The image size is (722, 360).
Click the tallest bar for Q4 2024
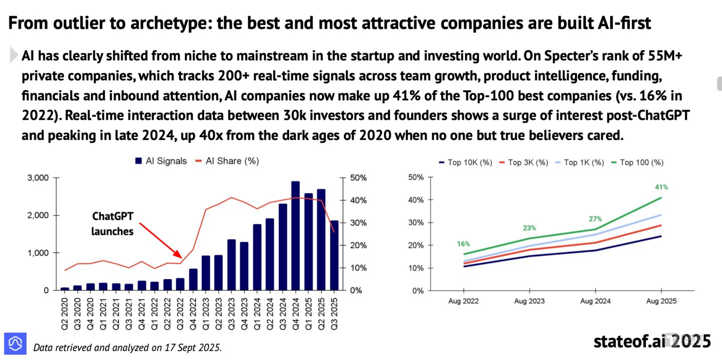[x=295, y=236]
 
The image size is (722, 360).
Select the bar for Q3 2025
[x=334, y=255]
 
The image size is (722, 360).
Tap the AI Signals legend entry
[x=161, y=161]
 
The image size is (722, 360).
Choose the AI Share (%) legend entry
[x=227, y=161]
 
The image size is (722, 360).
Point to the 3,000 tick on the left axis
[x=38, y=178]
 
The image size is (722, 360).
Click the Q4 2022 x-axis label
[x=193, y=314]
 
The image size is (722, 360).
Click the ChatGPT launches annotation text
[x=112, y=224]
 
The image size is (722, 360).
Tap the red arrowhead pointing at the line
[x=178, y=254]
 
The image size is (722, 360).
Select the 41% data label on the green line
[x=661, y=187]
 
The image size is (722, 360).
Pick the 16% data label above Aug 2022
[x=464, y=244]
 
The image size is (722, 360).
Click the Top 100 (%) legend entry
[x=638, y=162]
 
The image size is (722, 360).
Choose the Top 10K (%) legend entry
[x=466, y=162]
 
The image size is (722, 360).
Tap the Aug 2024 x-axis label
[x=596, y=301]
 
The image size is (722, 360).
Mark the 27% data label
[x=596, y=219]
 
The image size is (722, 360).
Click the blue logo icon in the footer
[x=15, y=343]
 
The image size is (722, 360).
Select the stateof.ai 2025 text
[x=652, y=341]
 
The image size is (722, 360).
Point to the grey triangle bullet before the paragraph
[x=14, y=55]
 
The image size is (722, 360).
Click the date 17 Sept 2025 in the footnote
[x=193, y=348]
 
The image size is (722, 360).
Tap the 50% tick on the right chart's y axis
[x=416, y=177]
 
